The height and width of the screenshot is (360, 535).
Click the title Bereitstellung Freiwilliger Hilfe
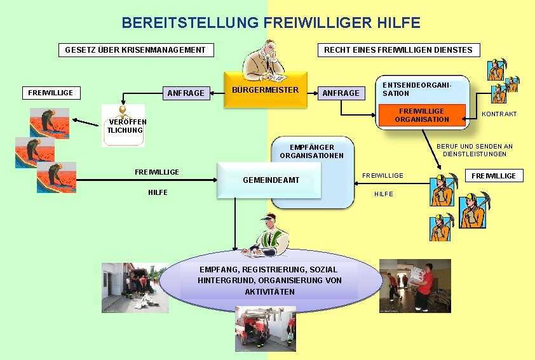pyautogui.click(x=271, y=23)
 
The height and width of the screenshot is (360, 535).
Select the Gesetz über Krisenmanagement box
pyautogui.click(x=135, y=50)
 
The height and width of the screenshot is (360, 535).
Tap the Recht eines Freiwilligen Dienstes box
pyautogui.click(x=398, y=50)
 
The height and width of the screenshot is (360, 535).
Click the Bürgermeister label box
pyautogui.click(x=265, y=90)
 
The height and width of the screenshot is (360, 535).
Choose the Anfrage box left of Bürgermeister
pyautogui.click(x=186, y=93)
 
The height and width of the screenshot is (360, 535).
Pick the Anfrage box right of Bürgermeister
pyautogui.click(x=341, y=93)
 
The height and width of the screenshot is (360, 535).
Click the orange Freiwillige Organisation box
pyautogui.click(x=421, y=115)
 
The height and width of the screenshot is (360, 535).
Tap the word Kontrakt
pyautogui.click(x=499, y=114)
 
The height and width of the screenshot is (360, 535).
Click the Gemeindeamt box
pyautogui.click(x=271, y=180)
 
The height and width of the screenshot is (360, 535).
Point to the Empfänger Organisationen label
pyautogui.click(x=311, y=151)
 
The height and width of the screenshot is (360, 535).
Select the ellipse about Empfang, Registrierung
pyautogui.click(x=269, y=280)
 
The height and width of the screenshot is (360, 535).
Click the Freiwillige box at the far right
pyautogui.click(x=494, y=175)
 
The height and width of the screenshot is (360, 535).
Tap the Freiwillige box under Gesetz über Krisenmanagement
pyautogui.click(x=51, y=93)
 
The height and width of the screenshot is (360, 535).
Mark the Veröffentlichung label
pyautogui.click(x=126, y=126)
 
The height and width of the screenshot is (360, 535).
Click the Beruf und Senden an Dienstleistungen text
pyautogui.click(x=474, y=150)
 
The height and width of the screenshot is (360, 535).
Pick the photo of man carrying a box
pyautogui.click(x=414, y=286)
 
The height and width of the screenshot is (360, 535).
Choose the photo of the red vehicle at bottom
pyautogui.click(x=265, y=328)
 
